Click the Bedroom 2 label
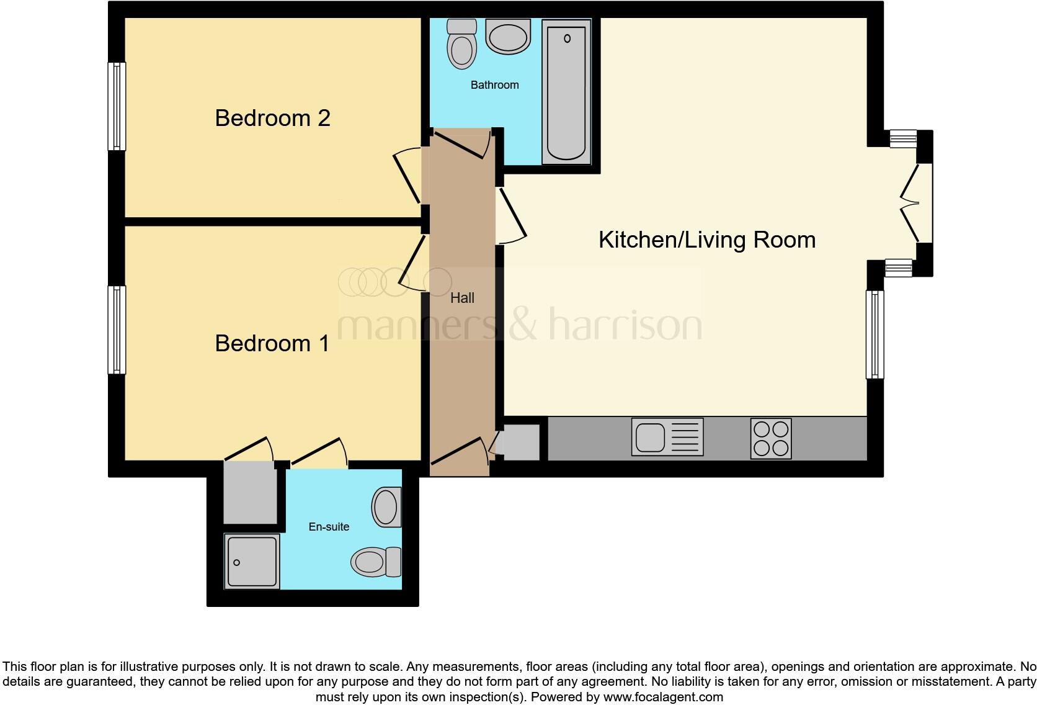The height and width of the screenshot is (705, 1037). (x=272, y=118)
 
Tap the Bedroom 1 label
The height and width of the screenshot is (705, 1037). (x=272, y=343)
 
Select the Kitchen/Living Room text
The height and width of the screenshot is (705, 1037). (x=707, y=240)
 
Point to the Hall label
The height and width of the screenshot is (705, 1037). (x=462, y=298)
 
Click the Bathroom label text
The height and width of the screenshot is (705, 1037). (x=494, y=85)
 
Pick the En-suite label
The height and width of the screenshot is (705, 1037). (x=329, y=527)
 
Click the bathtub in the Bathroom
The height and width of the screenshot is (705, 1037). (x=566, y=92)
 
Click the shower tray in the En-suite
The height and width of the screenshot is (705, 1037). (x=252, y=562)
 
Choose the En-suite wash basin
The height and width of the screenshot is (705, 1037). (x=386, y=507)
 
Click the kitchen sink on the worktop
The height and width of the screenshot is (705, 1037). (x=667, y=438)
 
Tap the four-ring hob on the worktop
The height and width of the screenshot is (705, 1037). (x=771, y=438)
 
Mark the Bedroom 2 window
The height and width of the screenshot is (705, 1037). (x=117, y=106)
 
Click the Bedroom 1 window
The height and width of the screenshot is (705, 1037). (x=117, y=330)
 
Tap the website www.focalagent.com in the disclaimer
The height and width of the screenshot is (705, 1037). (x=663, y=697)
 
